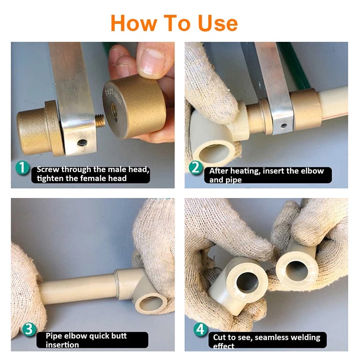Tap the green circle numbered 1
22,167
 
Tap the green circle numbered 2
196,167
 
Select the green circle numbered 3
29,329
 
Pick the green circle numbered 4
200,330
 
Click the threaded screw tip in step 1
100,121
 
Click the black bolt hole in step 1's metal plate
82,143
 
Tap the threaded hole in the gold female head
114,110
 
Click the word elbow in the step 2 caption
312,171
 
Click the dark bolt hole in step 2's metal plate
284,126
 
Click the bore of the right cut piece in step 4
297,271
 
